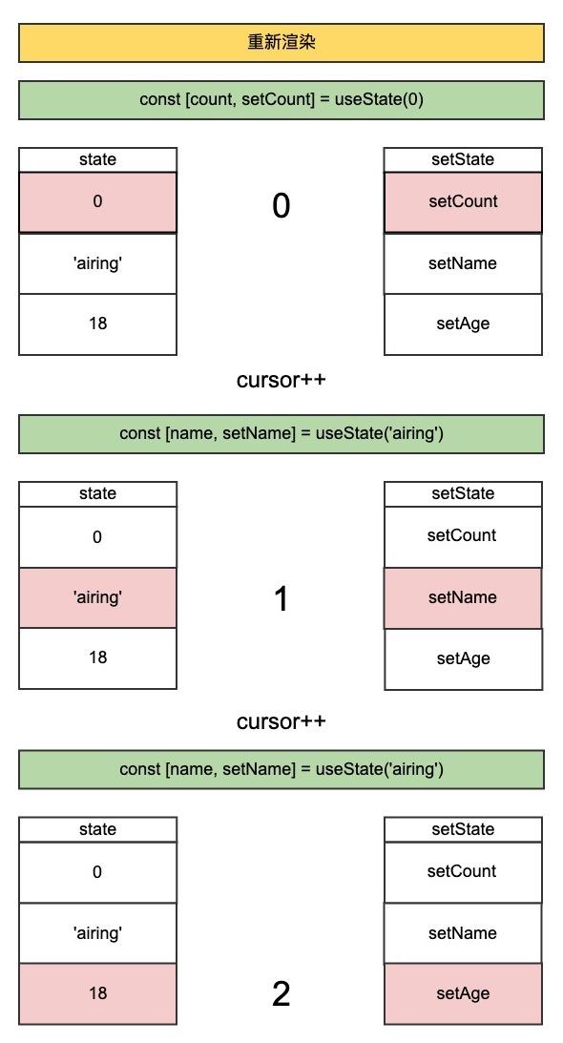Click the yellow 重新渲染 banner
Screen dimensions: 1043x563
281,43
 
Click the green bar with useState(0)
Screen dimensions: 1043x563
281,99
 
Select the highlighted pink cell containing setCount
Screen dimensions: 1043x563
463,202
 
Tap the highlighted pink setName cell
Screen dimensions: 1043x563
463,597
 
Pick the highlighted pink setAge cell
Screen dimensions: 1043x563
463,993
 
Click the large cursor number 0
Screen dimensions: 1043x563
281,205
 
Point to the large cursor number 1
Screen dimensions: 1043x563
281,599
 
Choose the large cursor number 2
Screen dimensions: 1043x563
281,994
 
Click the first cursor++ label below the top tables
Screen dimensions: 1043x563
281,380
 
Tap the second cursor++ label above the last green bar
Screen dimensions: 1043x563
281,721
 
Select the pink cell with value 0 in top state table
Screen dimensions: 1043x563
97,202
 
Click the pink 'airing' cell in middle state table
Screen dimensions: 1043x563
97,597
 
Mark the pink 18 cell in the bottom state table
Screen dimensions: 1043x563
97,993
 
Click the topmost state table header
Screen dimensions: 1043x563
97,159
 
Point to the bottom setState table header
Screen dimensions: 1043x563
463,829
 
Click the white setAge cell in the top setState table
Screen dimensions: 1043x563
463,323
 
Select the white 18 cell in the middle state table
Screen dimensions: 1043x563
97,657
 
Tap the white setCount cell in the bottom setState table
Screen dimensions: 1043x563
463,871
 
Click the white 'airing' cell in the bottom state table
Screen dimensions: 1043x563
97,932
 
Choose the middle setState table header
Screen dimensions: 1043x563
463,493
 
